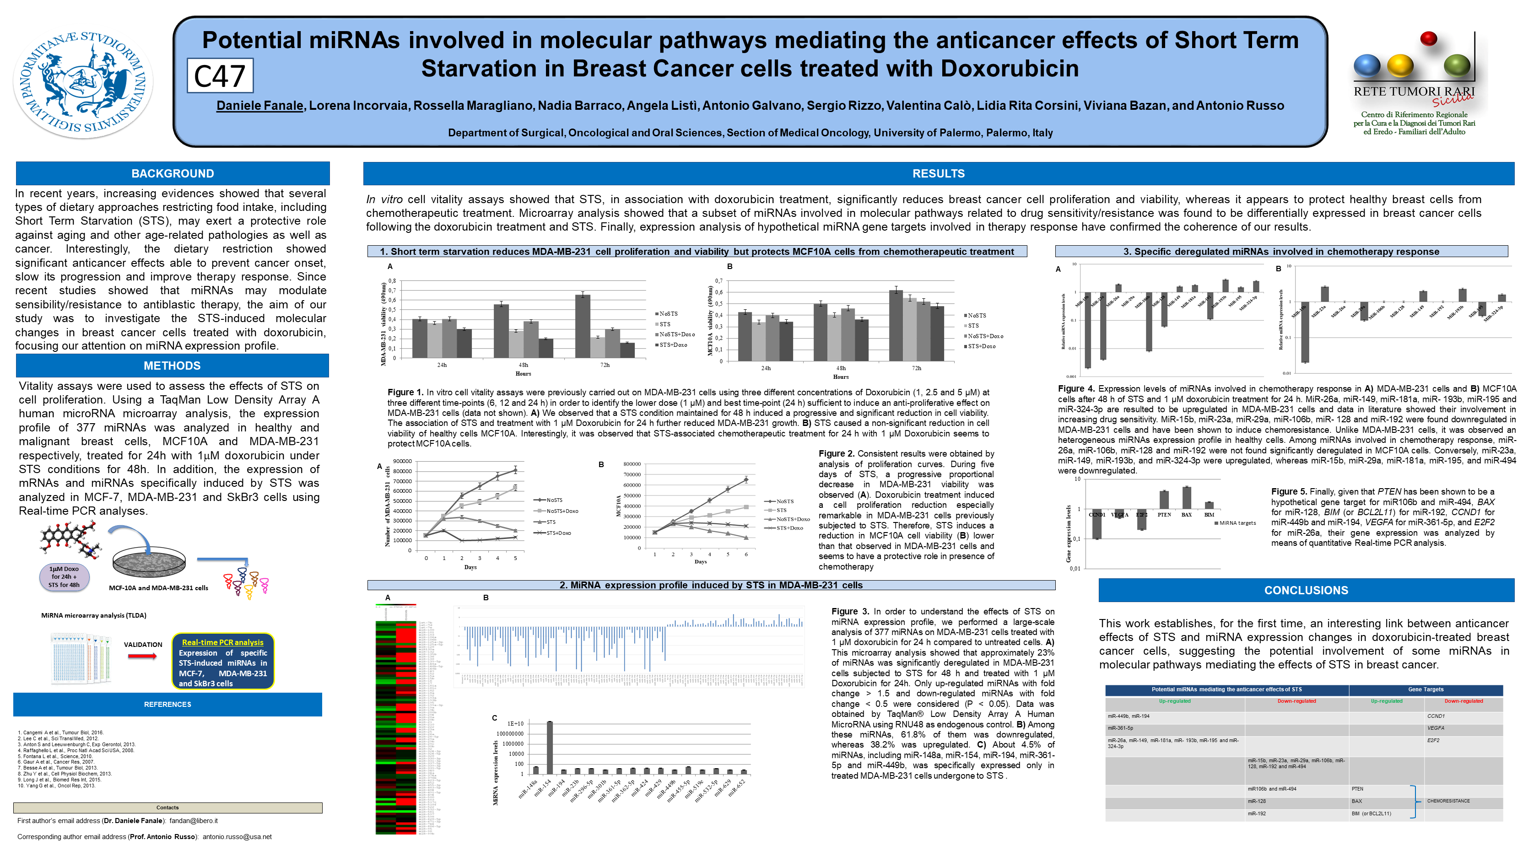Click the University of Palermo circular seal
pyautogui.click(x=83, y=83)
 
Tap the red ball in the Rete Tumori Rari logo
pyautogui.click(x=1428, y=38)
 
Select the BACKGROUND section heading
pyautogui.click(x=172, y=173)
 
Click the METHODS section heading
pyautogui.click(x=172, y=366)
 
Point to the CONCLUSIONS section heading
pyautogui.click(x=1306, y=590)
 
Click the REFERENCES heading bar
pyautogui.click(x=167, y=704)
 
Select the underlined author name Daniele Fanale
pyautogui.click(x=259, y=106)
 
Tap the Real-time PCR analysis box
pyautogui.click(x=222, y=662)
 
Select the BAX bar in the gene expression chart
pyautogui.click(x=1186, y=497)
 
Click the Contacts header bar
pyautogui.click(x=167, y=808)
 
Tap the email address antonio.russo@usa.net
pyautogui.click(x=237, y=836)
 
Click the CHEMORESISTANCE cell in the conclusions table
pyautogui.click(x=1448, y=801)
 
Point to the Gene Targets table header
pyautogui.click(x=1426, y=689)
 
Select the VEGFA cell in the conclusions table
pyautogui.click(x=1436, y=728)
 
